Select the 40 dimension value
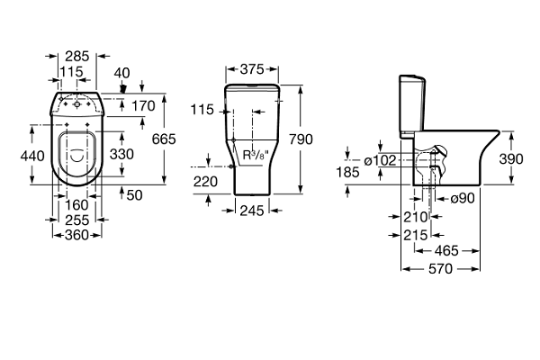pos(123,72)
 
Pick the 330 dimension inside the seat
pos(122,154)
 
